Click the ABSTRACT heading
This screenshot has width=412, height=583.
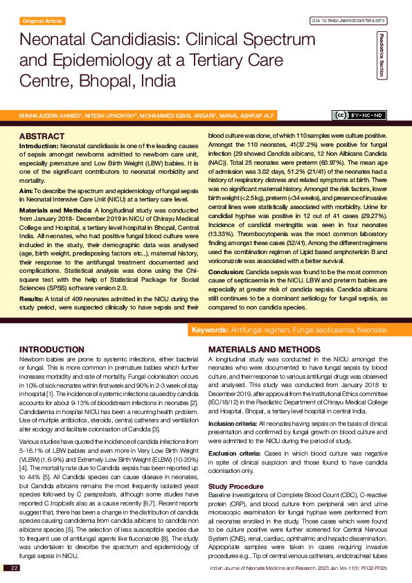coord(42,136)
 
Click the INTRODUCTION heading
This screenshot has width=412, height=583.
coord(52,350)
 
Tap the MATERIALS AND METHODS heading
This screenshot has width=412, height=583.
coord(265,350)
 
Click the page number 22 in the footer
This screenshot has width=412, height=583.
coord(14,568)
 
